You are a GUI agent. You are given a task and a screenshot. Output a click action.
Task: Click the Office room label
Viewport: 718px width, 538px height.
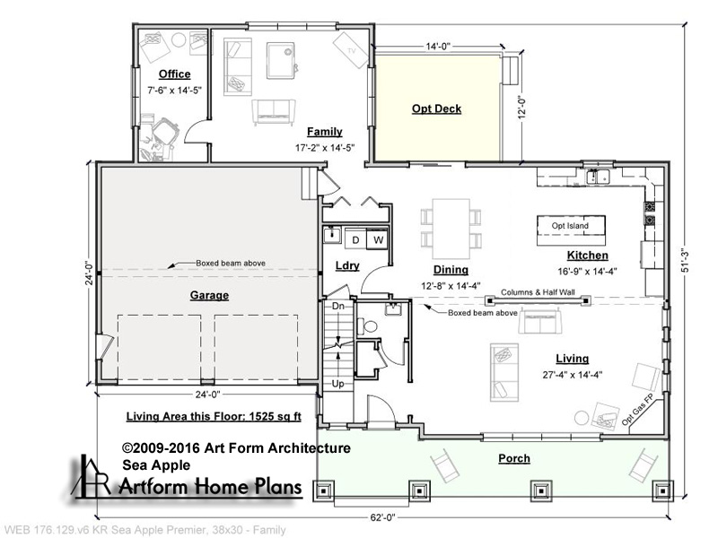click(174, 74)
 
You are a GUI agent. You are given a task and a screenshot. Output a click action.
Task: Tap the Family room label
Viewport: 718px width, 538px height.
click(325, 132)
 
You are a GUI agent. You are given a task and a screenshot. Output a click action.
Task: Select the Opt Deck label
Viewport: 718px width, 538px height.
click(436, 108)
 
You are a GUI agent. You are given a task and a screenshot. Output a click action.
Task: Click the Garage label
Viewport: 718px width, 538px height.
click(209, 295)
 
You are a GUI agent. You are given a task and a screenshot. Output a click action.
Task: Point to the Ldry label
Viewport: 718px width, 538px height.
click(347, 265)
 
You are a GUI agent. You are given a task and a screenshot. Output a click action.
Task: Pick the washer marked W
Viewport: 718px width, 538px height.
click(378, 239)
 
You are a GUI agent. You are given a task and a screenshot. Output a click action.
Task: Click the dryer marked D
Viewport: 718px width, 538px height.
click(355, 239)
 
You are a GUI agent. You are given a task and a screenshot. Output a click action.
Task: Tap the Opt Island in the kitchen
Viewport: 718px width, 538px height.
click(571, 225)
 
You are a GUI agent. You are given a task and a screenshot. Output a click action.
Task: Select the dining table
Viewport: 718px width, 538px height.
click(451, 229)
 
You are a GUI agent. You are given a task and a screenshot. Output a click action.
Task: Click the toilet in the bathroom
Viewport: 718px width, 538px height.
click(369, 326)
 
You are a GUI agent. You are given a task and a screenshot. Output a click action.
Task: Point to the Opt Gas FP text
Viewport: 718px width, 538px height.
click(637, 411)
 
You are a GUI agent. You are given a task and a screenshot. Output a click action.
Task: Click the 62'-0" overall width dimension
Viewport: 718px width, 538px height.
click(382, 518)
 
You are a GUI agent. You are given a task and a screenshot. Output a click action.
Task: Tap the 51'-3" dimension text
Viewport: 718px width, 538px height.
click(686, 262)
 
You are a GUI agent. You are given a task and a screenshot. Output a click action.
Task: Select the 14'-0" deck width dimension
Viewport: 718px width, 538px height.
click(438, 47)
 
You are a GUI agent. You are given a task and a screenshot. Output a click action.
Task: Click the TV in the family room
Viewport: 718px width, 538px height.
click(351, 50)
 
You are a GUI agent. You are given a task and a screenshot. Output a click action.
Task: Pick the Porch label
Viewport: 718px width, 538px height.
click(514, 458)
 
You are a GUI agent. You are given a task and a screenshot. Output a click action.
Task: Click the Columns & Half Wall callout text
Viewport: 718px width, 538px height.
click(538, 292)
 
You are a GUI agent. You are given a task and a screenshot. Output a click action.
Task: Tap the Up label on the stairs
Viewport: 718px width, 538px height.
click(338, 384)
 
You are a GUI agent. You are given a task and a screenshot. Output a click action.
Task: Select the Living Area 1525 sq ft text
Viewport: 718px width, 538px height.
click(214, 416)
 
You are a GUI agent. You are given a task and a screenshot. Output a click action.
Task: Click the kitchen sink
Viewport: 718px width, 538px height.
click(598, 176)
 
